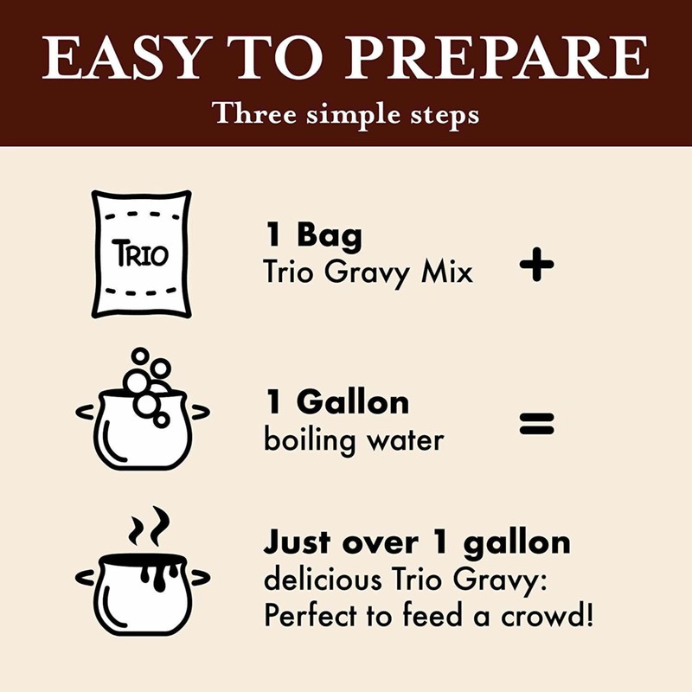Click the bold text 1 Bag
(x=313, y=235)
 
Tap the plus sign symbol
(x=536, y=265)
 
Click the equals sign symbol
(x=536, y=424)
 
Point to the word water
(x=403, y=440)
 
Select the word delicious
(x=323, y=579)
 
